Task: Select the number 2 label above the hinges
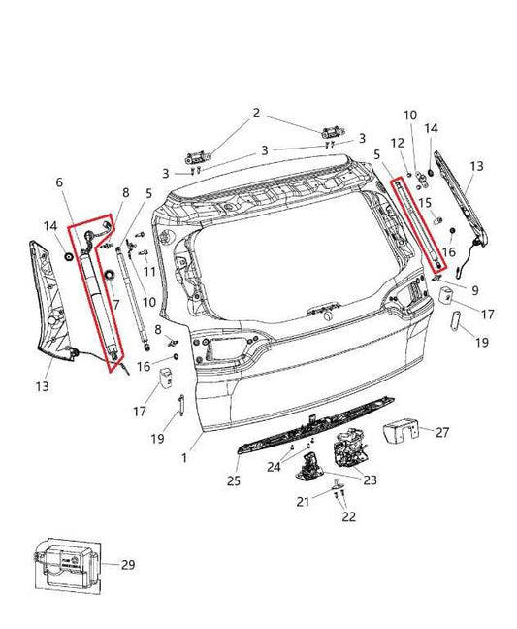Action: pyautogui.click(x=256, y=114)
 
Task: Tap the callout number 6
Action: pyautogui.click(x=58, y=182)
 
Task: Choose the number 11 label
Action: pyautogui.click(x=149, y=270)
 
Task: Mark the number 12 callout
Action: pyautogui.click(x=395, y=143)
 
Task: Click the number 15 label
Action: pyautogui.click(x=424, y=202)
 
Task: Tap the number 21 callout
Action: pyautogui.click(x=302, y=500)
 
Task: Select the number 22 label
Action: pyautogui.click(x=348, y=517)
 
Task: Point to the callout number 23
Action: pyautogui.click(x=372, y=479)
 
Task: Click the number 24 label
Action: pyautogui.click(x=274, y=466)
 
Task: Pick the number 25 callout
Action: pyautogui.click(x=233, y=480)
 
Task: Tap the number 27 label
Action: pyautogui.click(x=442, y=433)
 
